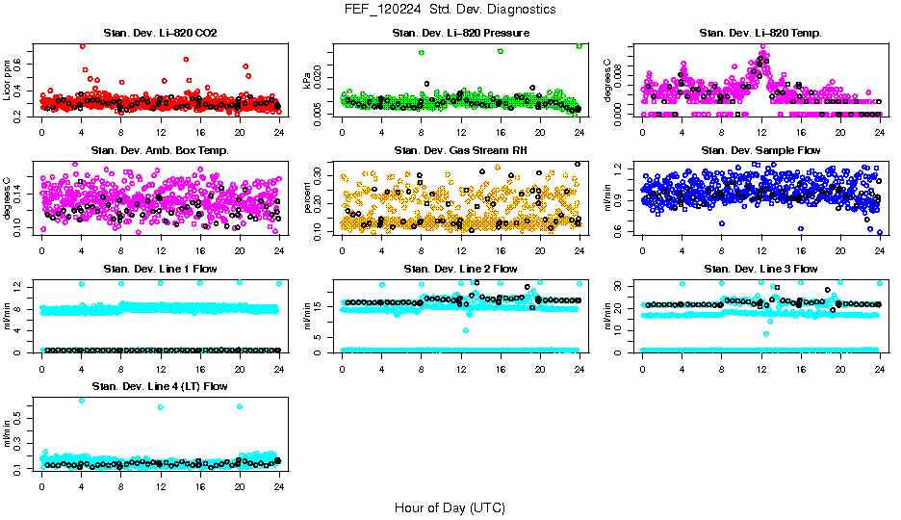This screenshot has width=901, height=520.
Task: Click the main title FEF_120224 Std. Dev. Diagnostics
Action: pos(450,10)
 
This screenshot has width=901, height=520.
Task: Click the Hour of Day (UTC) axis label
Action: pos(450,507)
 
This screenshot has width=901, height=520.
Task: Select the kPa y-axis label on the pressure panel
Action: pos(308,81)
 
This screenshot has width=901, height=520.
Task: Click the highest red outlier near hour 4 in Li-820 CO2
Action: pos(82,46)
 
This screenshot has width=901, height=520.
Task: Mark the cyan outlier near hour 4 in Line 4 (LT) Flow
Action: pos(81,401)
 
